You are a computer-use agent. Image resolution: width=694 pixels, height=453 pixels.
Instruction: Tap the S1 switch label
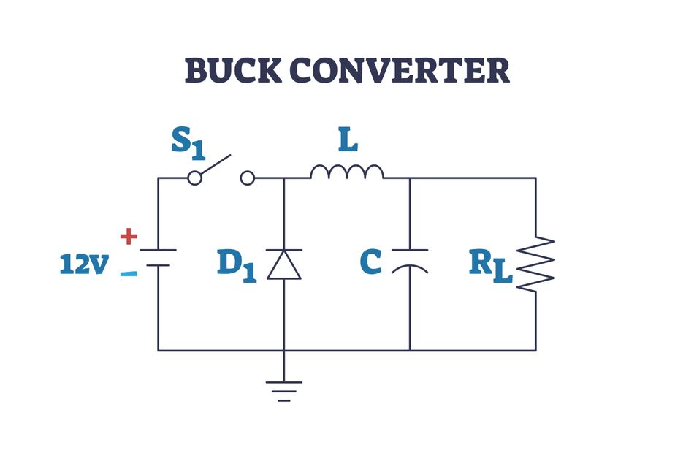[x=188, y=142]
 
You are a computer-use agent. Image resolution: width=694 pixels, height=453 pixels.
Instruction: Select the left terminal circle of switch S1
[x=194, y=178]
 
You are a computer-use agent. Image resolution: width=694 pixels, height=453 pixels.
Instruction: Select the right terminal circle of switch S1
[x=248, y=178]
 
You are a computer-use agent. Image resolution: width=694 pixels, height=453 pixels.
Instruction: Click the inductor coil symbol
[x=346, y=172]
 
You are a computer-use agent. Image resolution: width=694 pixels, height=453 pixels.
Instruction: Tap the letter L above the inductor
[x=347, y=140]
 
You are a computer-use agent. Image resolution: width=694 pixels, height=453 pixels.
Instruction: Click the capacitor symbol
[x=409, y=260]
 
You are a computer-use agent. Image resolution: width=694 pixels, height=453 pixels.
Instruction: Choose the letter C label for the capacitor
[x=371, y=262]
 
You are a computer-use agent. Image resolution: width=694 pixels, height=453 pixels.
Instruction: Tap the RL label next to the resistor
[x=490, y=266]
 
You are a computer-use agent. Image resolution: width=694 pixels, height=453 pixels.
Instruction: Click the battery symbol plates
[x=158, y=257]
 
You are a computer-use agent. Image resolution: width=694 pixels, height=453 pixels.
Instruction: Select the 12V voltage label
[x=83, y=264]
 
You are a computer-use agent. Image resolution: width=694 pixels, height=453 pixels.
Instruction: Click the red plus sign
[x=129, y=236]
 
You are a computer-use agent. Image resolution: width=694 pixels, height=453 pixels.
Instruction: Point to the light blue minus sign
[x=129, y=274]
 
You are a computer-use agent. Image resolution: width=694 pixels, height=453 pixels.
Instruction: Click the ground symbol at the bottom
[x=283, y=390]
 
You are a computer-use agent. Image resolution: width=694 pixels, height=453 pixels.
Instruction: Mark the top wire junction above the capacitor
[x=409, y=178]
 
